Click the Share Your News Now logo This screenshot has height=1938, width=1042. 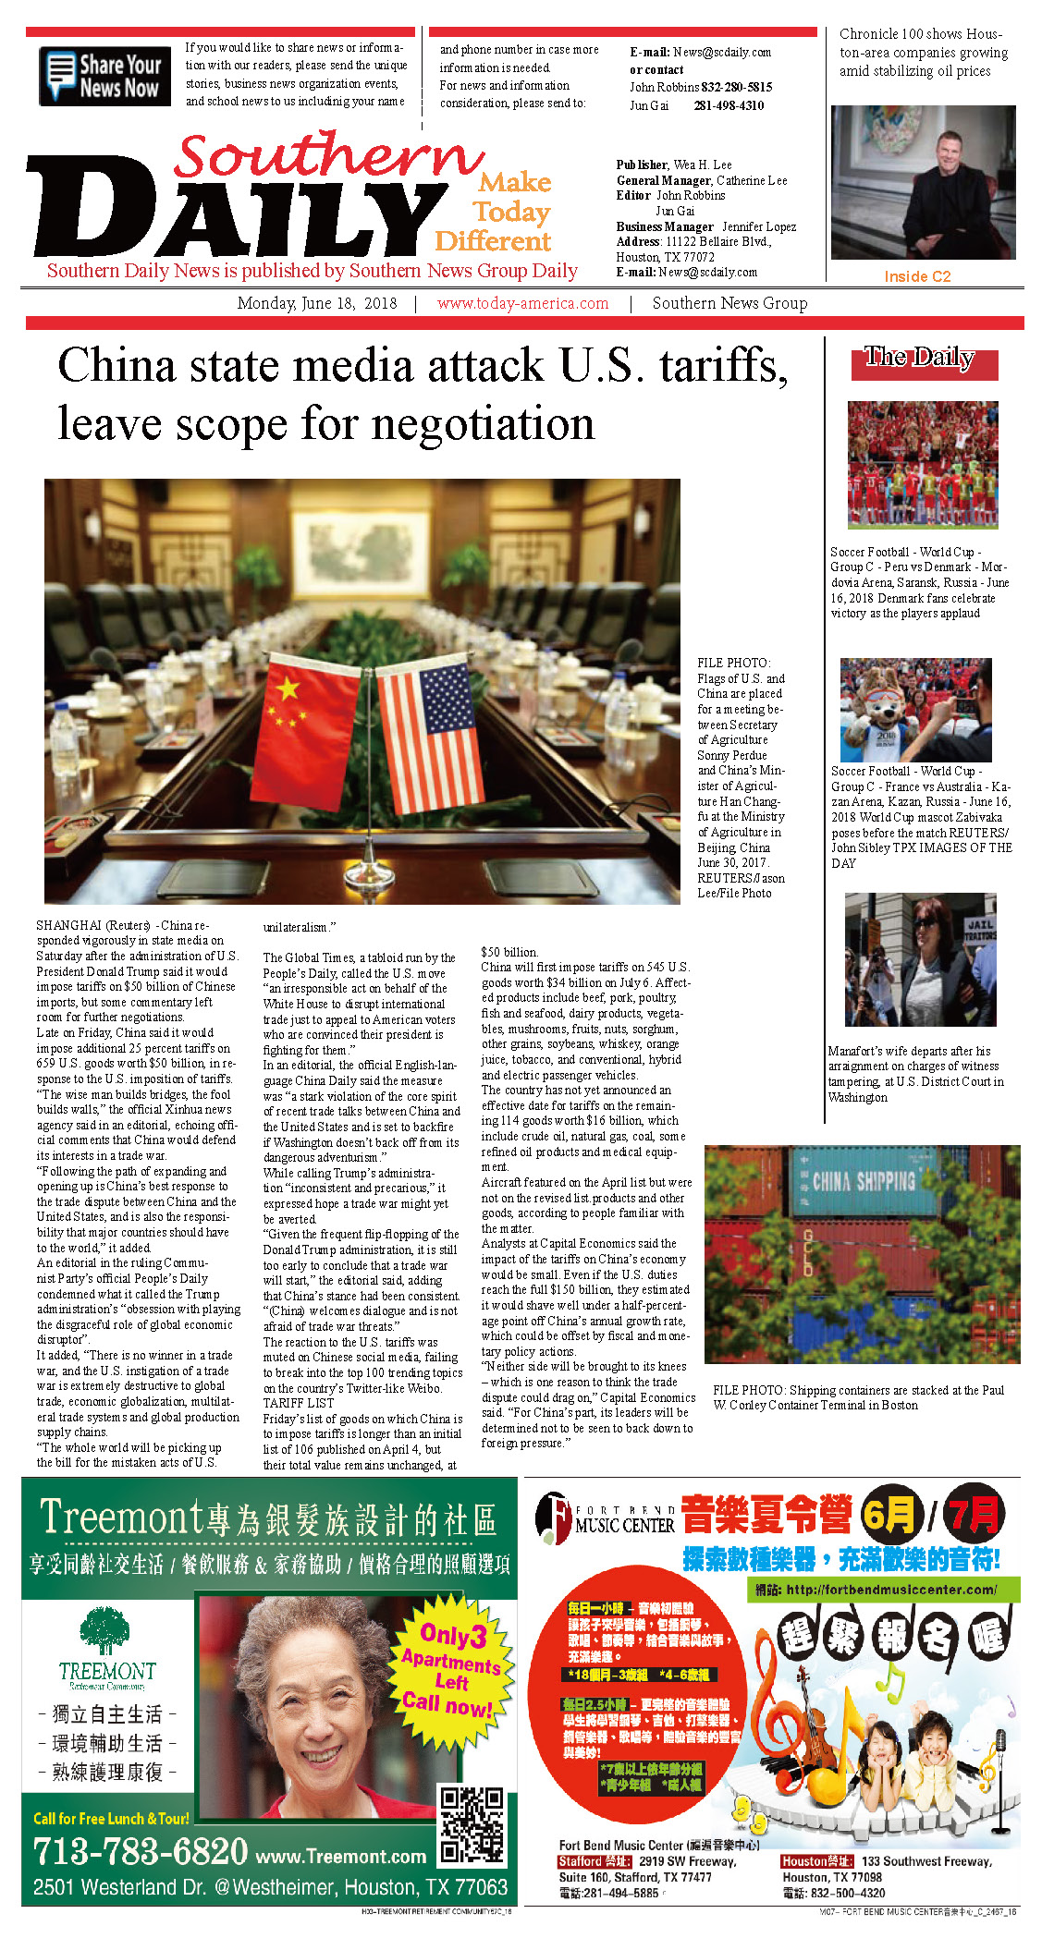click(104, 76)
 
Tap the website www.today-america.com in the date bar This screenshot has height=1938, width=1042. click(522, 303)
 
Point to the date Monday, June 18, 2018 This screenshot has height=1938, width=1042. click(317, 303)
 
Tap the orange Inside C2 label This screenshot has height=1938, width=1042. click(916, 276)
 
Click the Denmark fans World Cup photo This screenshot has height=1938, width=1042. click(922, 464)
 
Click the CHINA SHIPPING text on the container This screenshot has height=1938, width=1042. click(864, 1180)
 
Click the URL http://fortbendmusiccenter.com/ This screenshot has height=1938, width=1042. click(891, 1590)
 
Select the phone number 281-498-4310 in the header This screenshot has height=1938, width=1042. click(729, 105)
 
